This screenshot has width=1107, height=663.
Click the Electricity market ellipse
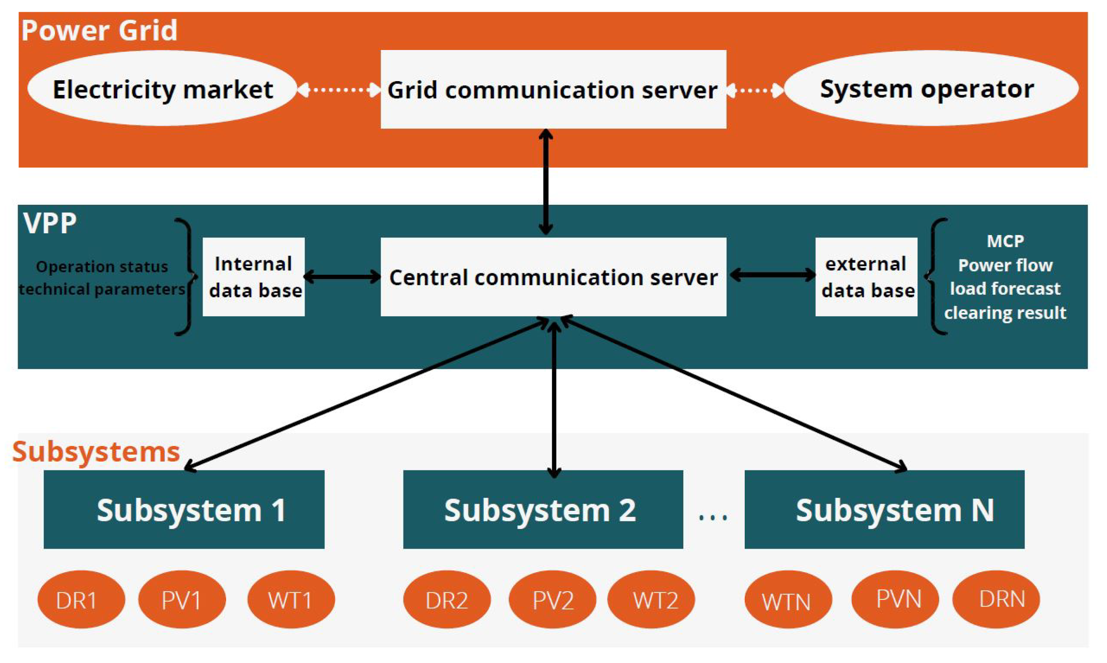coord(162,88)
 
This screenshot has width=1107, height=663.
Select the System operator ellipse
coord(931,88)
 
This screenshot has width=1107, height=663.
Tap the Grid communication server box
coord(553,90)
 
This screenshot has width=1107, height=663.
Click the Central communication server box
coord(553,277)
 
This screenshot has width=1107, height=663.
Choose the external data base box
coord(866,277)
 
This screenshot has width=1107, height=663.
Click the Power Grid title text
coord(99,30)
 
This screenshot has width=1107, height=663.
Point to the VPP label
coord(50,223)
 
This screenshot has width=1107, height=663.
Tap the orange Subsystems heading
coord(96,452)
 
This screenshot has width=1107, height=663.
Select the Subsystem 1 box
coord(184,509)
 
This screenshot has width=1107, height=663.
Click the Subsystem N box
coord(884,509)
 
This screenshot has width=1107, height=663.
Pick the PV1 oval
coord(182,600)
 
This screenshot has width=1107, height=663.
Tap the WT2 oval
coord(651,600)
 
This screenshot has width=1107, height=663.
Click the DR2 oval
coord(447,600)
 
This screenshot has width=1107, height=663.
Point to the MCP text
coord(1005,241)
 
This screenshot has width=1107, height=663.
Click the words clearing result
coord(1005,313)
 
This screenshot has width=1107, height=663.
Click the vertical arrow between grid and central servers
coord(546,182)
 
